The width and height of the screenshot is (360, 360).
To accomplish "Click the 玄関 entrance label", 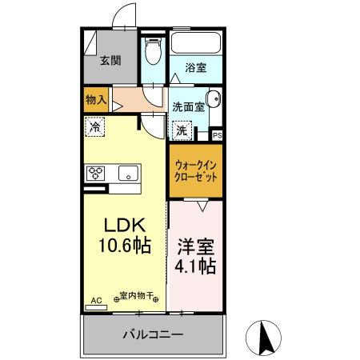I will (111, 60).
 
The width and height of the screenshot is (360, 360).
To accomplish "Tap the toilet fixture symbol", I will (153, 50).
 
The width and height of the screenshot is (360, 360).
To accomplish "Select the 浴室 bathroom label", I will (196, 67).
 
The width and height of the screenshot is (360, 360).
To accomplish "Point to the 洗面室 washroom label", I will (189, 106).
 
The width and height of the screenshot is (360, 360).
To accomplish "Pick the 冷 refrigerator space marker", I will (95, 126).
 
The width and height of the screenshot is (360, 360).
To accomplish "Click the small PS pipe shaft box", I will (217, 135).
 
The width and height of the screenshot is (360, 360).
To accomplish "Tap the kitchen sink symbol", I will (127, 173).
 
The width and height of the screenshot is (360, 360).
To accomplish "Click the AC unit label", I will (97, 300).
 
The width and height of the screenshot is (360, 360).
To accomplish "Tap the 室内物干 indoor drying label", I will (137, 294).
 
